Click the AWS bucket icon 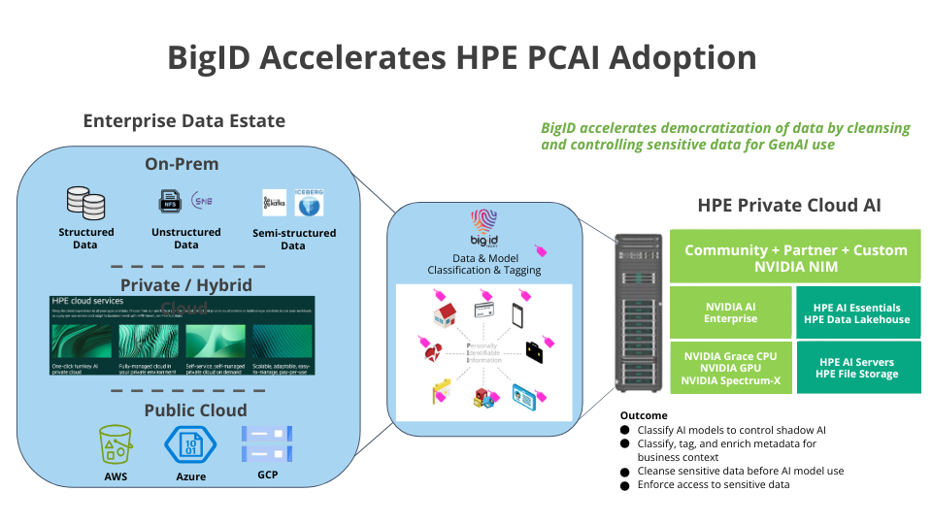[x=116, y=445]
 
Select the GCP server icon [x=266, y=444]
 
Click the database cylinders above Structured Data [x=85, y=203]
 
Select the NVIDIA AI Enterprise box [x=730, y=312]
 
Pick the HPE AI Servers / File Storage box [x=857, y=368]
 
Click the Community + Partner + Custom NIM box [x=795, y=257]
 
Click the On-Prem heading [x=182, y=164]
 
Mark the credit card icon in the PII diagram [x=485, y=310]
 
